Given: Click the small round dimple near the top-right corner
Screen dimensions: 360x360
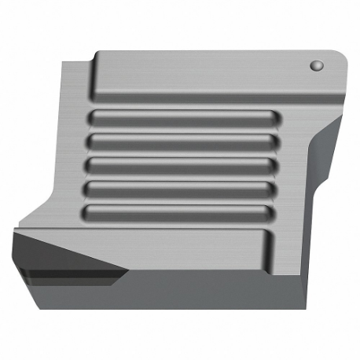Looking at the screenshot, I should pyautogui.click(x=318, y=65).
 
